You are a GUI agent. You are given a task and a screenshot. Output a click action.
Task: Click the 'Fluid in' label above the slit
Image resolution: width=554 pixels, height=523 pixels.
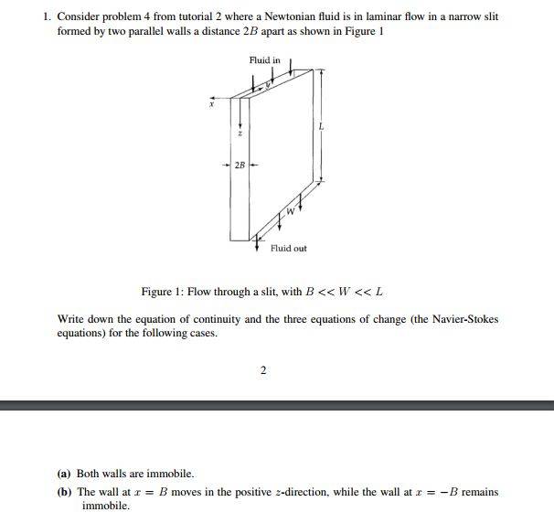point(264,59)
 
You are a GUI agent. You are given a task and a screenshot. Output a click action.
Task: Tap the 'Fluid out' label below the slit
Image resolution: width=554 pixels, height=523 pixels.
point(288,248)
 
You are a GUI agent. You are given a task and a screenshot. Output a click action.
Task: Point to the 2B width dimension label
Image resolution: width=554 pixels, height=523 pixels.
point(240,165)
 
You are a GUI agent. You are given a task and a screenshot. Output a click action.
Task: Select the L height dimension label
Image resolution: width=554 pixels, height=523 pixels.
point(321,127)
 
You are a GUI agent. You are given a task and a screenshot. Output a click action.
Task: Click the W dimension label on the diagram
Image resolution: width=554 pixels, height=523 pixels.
point(291,212)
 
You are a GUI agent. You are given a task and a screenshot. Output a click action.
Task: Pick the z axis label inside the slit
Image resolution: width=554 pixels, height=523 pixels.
point(240,133)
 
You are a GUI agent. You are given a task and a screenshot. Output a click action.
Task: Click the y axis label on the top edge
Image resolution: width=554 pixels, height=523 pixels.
point(269,87)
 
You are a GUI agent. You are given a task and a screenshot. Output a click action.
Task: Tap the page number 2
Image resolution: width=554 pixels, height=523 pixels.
point(263,370)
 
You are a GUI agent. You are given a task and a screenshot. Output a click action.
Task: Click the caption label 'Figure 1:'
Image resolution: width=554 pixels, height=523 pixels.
point(161,292)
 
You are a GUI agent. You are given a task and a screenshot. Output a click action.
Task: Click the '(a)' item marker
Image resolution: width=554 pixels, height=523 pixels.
point(64,474)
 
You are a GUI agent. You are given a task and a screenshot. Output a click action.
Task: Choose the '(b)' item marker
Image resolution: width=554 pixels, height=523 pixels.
point(64,492)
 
